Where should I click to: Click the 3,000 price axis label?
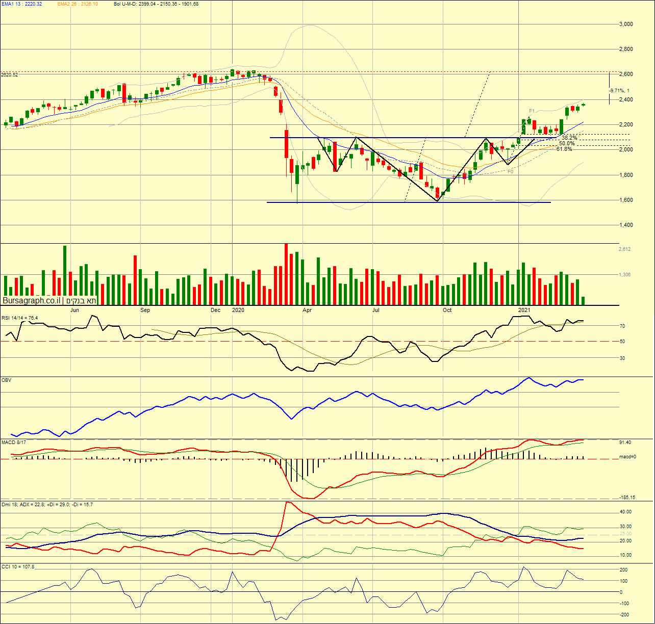point(625,24)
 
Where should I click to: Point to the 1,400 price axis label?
point(625,225)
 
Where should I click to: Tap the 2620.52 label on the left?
point(10,75)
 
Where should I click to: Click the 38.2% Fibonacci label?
point(569,138)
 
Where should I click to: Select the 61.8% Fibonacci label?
point(564,149)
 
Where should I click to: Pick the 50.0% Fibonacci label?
point(567,143)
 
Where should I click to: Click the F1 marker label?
point(532,111)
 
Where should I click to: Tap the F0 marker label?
point(511,172)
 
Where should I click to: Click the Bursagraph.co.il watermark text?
point(32,301)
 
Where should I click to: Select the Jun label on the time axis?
point(74,310)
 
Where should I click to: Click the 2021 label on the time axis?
point(524,310)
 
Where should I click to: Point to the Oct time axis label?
point(447,310)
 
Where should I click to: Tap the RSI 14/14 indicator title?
point(19,318)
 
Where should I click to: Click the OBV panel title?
point(7,380)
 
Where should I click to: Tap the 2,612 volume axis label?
point(625,249)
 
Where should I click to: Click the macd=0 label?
point(627,457)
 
